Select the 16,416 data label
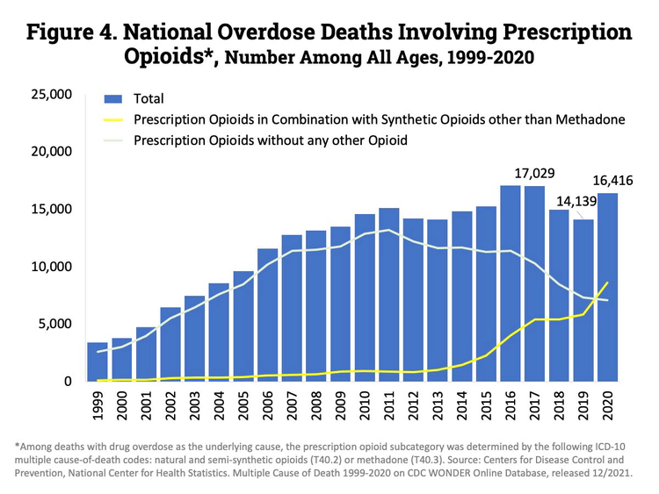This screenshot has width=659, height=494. [607, 182]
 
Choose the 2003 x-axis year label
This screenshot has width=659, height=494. [195, 405]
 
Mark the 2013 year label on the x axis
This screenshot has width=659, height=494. [438, 405]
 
